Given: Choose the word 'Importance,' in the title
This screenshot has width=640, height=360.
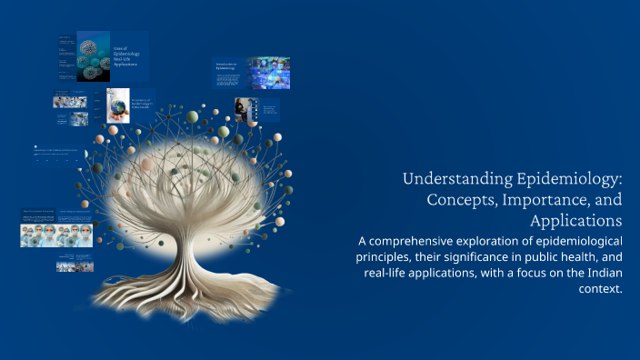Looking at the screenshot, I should pyautogui.click(x=550, y=200).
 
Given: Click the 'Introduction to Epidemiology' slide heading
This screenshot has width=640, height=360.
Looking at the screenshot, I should pyautogui.click(x=225, y=65).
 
